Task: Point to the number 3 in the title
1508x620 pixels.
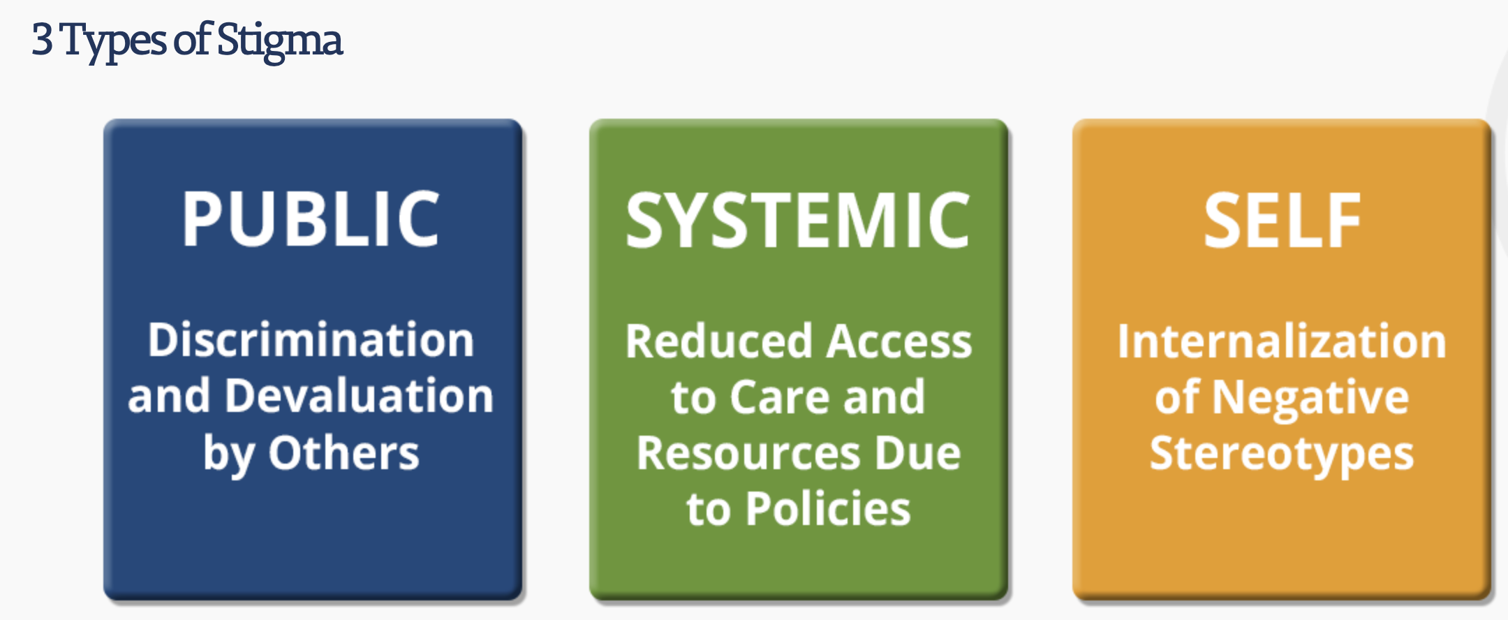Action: pyautogui.click(x=42, y=40)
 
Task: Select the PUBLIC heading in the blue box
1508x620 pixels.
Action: pyautogui.click(x=311, y=219)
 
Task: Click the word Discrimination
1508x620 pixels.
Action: pyautogui.click(x=311, y=340)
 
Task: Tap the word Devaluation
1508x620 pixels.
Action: pyautogui.click(x=360, y=396)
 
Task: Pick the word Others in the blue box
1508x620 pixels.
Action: pyautogui.click(x=344, y=452)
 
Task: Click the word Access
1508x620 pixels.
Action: pyautogui.click(x=901, y=341)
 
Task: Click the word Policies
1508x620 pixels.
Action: pyautogui.click(x=828, y=508)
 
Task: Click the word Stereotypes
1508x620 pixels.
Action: pyautogui.click(x=1282, y=455)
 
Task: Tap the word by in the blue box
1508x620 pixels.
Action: pyautogui.click(x=228, y=455)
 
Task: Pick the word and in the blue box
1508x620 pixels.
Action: pyautogui.click(x=169, y=396)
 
